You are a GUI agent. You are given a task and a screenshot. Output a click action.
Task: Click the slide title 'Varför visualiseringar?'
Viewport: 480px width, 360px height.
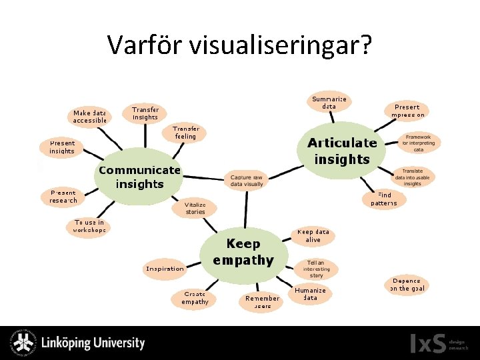coord(240,45)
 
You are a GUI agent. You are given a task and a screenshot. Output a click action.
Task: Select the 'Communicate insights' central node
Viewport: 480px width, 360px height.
coord(139,177)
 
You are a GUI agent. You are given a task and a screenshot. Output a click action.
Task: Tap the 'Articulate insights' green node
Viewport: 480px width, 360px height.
coord(342,151)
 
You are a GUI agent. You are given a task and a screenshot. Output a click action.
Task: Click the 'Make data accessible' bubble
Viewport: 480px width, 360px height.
coord(90,117)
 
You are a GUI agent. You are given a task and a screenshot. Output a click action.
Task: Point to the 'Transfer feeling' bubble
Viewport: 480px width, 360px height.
coord(185,133)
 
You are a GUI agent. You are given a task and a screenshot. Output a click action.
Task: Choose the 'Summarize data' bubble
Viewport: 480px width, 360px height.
coord(329,103)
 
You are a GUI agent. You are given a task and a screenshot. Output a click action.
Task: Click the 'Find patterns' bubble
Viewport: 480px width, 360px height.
coord(383,199)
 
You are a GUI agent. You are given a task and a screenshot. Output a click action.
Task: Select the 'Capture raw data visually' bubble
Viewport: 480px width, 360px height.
coord(247,180)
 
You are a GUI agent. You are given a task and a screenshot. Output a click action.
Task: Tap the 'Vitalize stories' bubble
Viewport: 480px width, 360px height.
coord(195,208)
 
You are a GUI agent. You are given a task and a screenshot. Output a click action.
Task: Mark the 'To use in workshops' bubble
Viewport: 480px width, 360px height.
coord(89,226)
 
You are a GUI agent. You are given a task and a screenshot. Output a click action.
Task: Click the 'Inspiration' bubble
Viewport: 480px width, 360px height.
coord(165,269)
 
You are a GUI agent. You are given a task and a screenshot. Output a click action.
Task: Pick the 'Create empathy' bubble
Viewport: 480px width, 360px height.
coord(195,297)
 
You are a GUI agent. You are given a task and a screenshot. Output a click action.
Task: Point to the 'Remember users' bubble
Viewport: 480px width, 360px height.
coord(262,302)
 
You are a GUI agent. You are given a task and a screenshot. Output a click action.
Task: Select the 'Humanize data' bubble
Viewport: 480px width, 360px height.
coord(310,294)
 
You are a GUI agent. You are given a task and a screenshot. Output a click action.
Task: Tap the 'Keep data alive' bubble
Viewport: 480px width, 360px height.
coord(313,236)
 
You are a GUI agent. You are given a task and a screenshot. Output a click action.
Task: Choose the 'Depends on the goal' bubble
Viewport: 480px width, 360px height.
coord(407,285)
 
